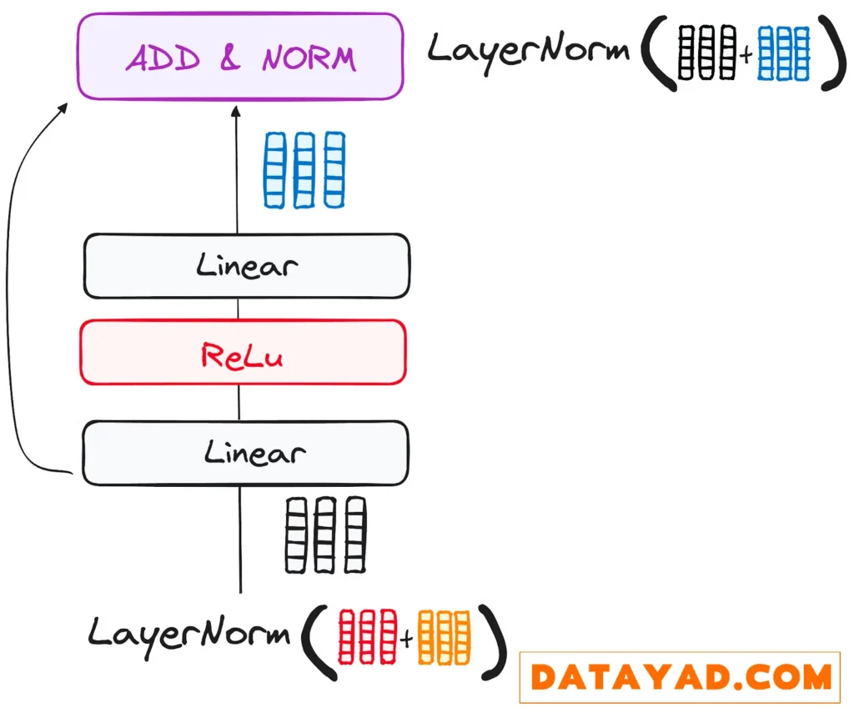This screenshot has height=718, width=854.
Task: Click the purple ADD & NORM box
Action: click(240, 57)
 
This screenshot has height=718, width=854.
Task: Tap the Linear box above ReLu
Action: click(246, 266)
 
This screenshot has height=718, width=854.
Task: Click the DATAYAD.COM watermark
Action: click(680, 676)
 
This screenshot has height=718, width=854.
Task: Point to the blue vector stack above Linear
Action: click(304, 169)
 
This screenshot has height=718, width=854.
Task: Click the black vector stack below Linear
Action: click(325, 535)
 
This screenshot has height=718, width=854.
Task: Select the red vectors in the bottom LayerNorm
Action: click(366, 637)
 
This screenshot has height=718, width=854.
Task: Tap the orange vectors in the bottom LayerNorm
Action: click(445, 637)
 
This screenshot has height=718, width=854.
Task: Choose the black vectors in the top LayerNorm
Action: click(707, 52)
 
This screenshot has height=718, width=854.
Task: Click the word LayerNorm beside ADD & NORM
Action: click(529, 50)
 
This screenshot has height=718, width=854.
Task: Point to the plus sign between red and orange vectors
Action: click(406, 640)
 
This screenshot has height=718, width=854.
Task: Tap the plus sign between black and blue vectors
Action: click(746, 55)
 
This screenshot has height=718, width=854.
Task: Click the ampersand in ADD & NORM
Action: click(230, 58)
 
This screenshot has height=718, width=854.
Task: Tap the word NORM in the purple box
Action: click(309, 58)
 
